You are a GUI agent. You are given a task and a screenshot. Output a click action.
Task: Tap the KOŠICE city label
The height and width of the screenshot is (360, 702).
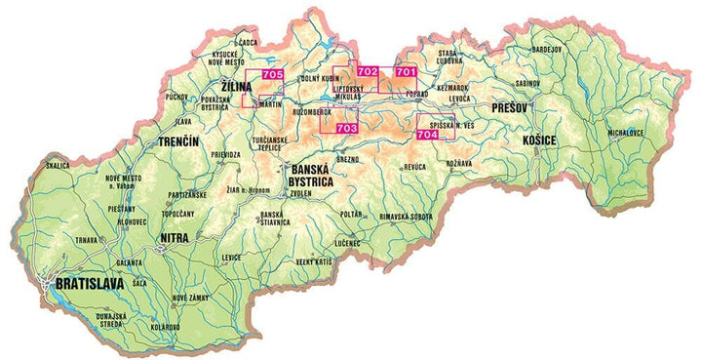pos(539,141)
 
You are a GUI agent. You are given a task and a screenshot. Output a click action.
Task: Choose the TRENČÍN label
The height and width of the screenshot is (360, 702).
pos(178,142)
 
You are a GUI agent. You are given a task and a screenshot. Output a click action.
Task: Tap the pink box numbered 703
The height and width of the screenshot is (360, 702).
pos(345,128)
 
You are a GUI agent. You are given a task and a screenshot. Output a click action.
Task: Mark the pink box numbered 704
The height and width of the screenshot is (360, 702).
pos(426,136)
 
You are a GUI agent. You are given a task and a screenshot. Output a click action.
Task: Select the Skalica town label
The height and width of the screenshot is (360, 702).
pos(58,166)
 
